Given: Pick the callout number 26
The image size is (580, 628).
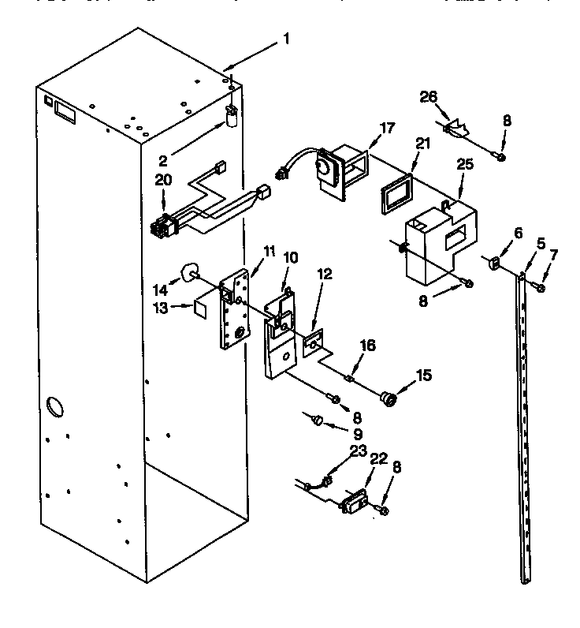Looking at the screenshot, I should [x=428, y=98].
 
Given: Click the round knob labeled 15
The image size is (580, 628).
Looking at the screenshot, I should [x=388, y=398].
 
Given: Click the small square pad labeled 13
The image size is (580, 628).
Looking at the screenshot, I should [x=202, y=305].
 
